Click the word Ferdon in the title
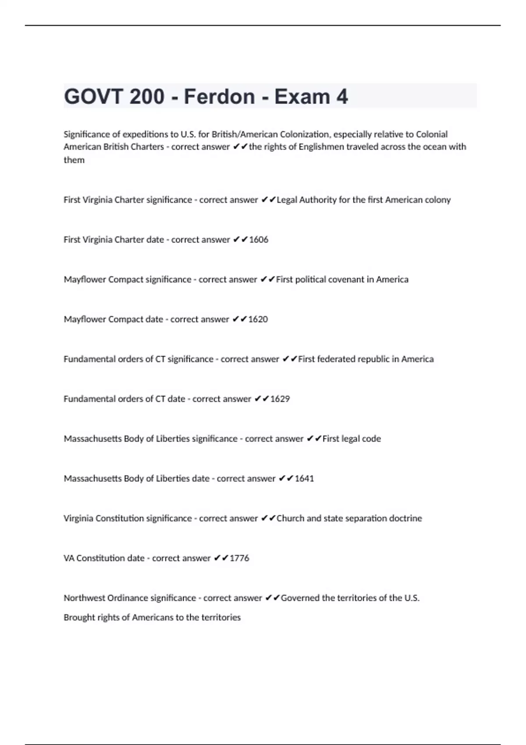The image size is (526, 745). tap(219, 96)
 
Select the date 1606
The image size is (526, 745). tap(259, 240)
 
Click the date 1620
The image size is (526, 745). tap(258, 319)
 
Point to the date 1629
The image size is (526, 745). tap(280, 399)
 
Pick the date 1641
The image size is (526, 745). tap(304, 479)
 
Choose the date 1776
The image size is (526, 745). tap(239, 558)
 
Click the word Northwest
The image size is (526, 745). tap(84, 598)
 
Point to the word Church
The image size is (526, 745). tap(290, 518)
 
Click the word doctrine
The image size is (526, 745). tap(405, 518)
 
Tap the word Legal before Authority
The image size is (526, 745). tap(287, 200)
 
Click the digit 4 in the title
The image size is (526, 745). tap(342, 96)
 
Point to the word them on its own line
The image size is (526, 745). tap(74, 160)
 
